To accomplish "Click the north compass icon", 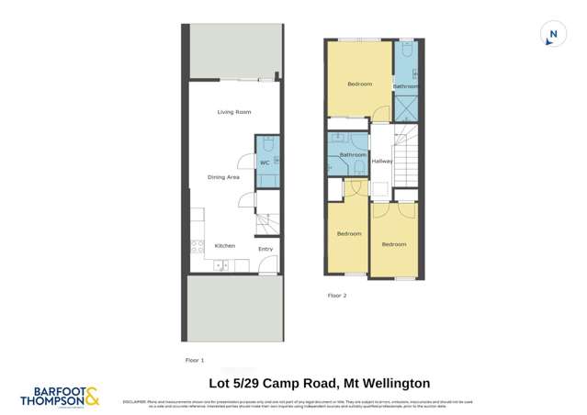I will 552,35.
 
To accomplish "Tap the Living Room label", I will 234,112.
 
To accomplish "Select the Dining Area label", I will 223,177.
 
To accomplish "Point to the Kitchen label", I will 225,245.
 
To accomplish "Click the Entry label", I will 265,249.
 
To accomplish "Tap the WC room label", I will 265,163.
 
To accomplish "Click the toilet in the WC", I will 267,144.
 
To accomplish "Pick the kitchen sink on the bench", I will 222,265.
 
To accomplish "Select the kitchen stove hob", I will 196,246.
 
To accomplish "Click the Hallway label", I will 382,161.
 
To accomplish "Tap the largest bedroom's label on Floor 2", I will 359,84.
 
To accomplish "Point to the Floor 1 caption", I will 195,361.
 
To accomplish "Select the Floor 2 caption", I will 337,296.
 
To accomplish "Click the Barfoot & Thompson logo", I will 61,397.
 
